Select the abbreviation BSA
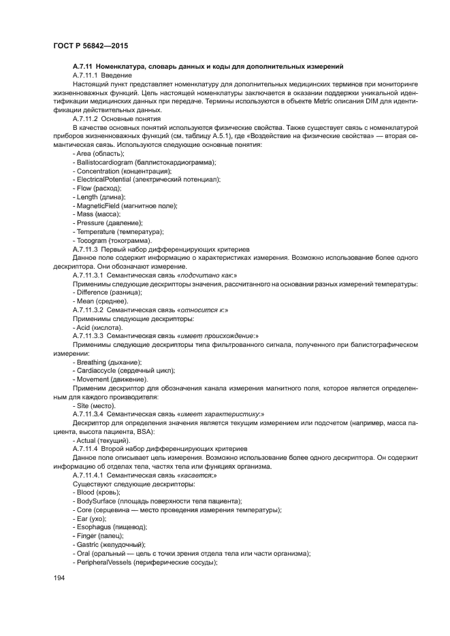pos(146,431)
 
